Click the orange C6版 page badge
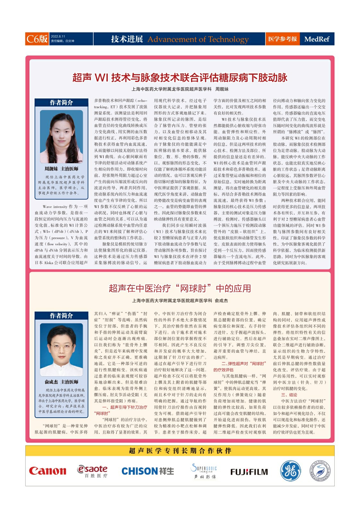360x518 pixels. click(x=37, y=39)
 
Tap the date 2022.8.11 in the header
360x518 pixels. click(x=58, y=37)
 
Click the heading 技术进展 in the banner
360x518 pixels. click(x=127, y=39)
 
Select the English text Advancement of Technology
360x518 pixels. click(x=198, y=39)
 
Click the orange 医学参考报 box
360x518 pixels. click(x=282, y=39)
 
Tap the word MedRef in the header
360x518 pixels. click(x=317, y=39)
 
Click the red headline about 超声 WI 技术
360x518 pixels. click(x=180, y=78)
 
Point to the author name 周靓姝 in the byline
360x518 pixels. click(x=222, y=89)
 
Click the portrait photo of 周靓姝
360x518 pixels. click(x=61, y=136)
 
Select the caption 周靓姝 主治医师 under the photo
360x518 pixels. click(x=61, y=169)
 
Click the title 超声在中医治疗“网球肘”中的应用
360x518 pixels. click(x=180, y=288)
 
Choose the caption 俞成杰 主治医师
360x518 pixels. click(x=61, y=382)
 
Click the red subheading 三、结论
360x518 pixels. click(x=289, y=395)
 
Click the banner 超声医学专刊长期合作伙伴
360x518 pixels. click(x=180, y=451)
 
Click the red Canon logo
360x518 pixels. click(x=47, y=471)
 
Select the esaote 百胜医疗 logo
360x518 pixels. click(x=92, y=471)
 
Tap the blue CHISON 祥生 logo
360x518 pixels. click(x=147, y=471)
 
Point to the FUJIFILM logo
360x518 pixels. click(x=249, y=472)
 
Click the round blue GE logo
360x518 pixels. click(x=290, y=471)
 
